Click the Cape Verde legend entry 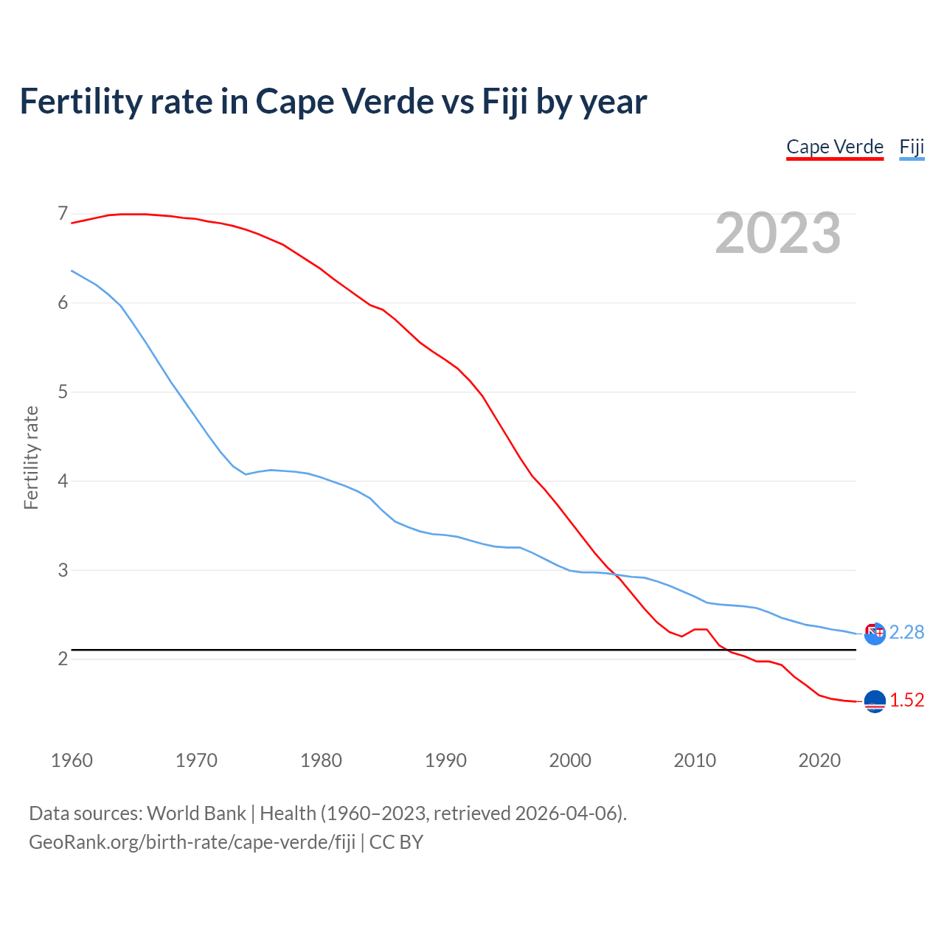point(835,147)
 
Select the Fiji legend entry point(912,147)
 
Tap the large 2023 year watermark point(778,233)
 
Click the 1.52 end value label point(906,701)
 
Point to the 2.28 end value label point(906,633)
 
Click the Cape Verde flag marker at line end point(875,702)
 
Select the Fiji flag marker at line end point(875,634)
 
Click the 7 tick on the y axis point(63,214)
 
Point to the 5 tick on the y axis point(63,392)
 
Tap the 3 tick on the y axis point(63,570)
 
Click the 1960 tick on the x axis point(72,760)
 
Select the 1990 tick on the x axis point(445,760)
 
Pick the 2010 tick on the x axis point(695,760)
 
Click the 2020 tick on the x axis point(819,760)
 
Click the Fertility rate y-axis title point(31,457)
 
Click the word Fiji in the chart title point(505,102)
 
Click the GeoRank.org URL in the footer point(192,842)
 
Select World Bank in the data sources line point(196,813)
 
